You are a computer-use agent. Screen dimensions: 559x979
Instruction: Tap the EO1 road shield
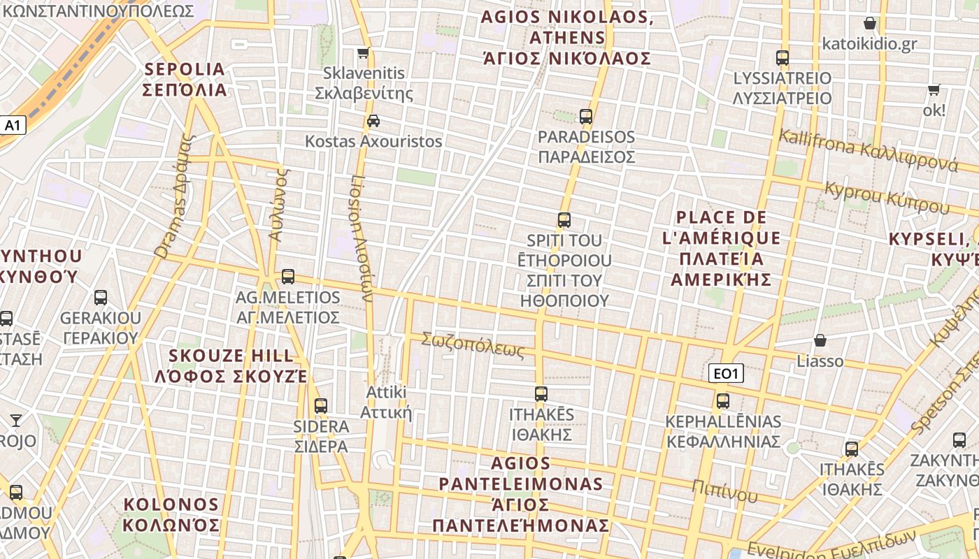click(x=725, y=374)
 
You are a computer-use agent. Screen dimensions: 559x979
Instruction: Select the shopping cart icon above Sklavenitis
click(x=363, y=53)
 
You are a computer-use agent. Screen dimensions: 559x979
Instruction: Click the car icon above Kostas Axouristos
click(x=373, y=121)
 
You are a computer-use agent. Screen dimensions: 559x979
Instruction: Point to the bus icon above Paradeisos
click(x=586, y=117)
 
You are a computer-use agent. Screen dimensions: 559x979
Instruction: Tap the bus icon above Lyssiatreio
click(x=783, y=58)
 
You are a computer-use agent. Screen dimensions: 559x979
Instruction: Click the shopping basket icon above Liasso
click(x=820, y=341)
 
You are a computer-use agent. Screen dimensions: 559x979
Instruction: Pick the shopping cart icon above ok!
click(x=934, y=90)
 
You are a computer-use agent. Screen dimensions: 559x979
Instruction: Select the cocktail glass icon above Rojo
click(x=16, y=421)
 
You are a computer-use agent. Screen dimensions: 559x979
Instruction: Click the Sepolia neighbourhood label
click(x=185, y=80)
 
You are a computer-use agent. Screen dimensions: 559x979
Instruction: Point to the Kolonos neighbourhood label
click(x=171, y=515)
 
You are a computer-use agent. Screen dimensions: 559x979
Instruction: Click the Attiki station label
click(x=386, y=402)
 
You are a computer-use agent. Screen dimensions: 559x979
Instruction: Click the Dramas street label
click(x=173, y=197)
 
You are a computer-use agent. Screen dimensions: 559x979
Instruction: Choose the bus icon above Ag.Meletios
click(x=288, y=277)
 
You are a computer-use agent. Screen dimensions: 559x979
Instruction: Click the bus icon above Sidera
click(x=321, y=406)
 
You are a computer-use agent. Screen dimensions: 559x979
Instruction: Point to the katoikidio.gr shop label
click(x=869, y=43)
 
